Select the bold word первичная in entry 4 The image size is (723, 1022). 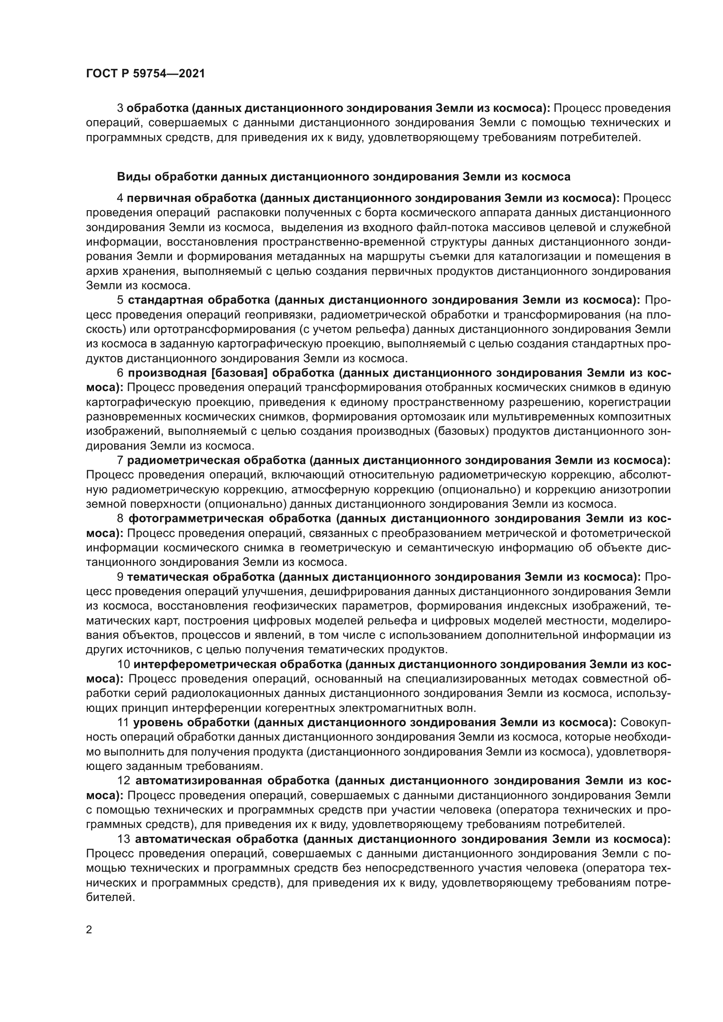[x=159, y=198]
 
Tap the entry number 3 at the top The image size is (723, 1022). [x=120, y=108]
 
